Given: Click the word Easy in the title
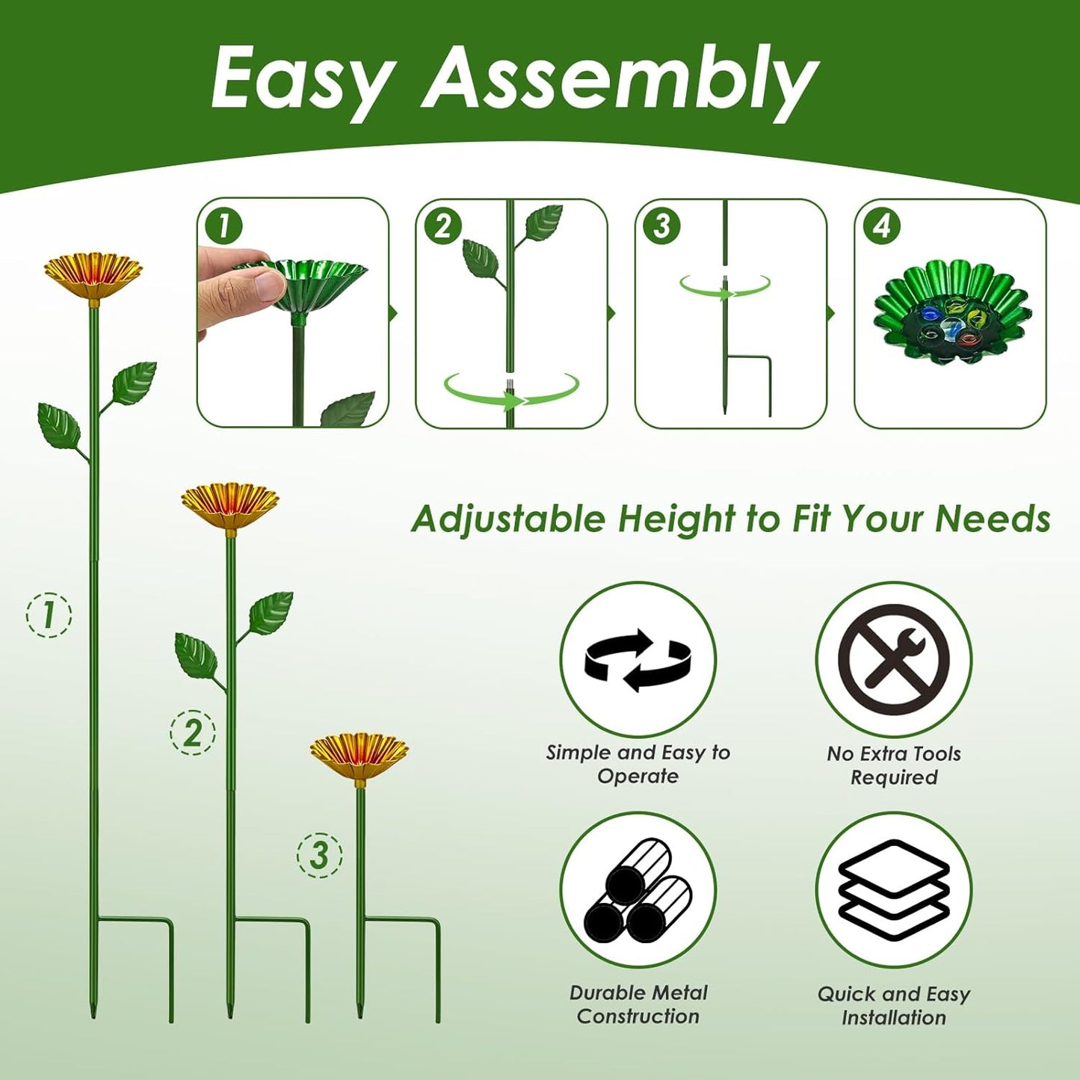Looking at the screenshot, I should point(303,78).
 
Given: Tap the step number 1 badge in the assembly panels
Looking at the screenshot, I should point(224,226).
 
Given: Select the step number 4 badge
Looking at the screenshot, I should point(882,226).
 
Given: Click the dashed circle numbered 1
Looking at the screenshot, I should point(49,614).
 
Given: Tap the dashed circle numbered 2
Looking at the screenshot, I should point(193,732).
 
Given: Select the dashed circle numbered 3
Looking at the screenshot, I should point(320,854).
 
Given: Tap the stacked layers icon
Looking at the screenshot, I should point(893,889).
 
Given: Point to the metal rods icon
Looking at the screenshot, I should point(638,889).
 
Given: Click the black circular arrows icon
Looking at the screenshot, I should point(638,660).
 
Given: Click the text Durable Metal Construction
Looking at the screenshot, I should point(638,1005).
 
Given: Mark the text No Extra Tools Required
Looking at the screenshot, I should point(893,765).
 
